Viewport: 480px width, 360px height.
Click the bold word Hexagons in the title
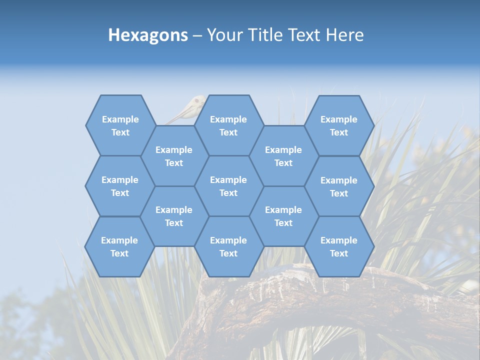tap(148, 35)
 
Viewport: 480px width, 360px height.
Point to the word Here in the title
tap(344, 35)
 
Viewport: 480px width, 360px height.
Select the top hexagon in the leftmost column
tap(120, 125)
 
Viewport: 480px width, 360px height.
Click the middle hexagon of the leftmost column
tap(120, 186)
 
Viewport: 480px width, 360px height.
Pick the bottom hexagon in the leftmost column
tap(119, 246)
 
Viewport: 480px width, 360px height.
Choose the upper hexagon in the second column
tap(174, 156)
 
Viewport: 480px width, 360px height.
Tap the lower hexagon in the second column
tap(174, 216)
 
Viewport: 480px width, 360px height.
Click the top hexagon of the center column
tap(228, 125)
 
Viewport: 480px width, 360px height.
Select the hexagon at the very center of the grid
tap(228, 186)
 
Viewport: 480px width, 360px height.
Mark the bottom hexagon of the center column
tap(228, 246)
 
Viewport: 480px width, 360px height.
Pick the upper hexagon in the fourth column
tap(283, 156)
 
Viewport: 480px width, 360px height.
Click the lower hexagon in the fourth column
tap(283, 216)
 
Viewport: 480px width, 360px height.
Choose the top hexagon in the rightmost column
tap(339, 125)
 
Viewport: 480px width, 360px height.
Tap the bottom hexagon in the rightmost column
tap(339, 246)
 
